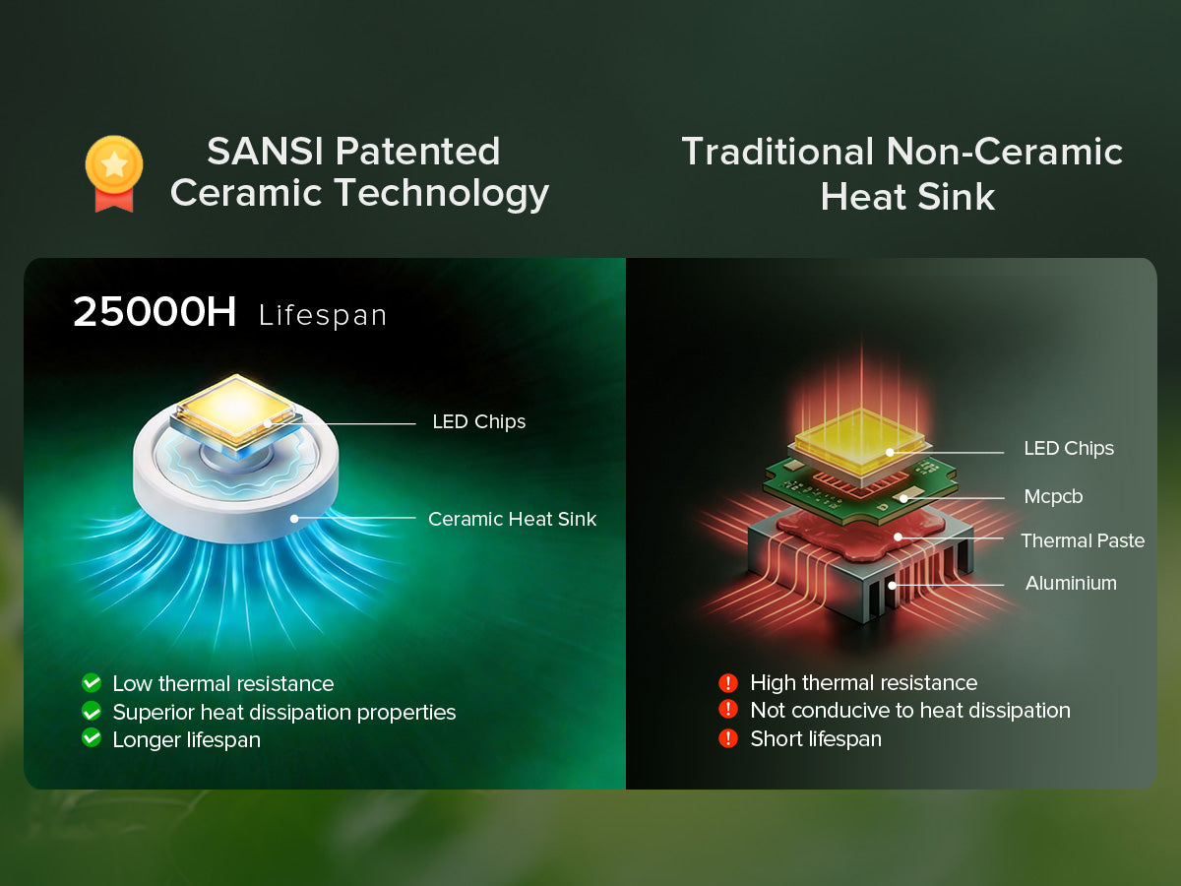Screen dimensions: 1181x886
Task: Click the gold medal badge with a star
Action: click(114, 173)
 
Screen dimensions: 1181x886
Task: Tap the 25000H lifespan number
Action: click(155, 312)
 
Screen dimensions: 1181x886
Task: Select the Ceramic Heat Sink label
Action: click(512, 519)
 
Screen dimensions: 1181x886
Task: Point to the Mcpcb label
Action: click(1053, 496)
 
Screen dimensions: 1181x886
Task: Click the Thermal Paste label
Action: click(1083, 540)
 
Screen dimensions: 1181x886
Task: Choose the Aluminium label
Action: click(1071, 583)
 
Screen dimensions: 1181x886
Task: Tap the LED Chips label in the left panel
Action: click(479, 421)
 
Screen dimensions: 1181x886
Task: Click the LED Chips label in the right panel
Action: click(1069, 449)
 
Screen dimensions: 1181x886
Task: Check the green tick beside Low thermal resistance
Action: click(92, 682)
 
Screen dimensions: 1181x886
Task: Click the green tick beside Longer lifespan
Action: click(92, 737)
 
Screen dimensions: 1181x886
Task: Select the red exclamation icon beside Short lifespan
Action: click(728, 738)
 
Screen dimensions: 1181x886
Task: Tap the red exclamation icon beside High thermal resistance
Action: click(728, 682)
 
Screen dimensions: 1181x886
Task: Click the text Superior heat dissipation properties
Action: click(284, 712)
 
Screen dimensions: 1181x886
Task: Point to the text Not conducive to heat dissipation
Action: click(910, 711)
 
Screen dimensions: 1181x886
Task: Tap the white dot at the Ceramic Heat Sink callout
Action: click(294, 519)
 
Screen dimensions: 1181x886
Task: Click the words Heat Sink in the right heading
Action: click(907, 197)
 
